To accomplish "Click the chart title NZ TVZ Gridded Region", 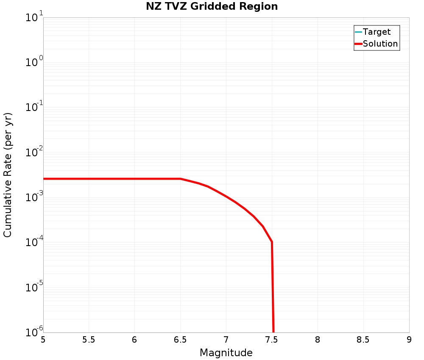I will pos(212,7).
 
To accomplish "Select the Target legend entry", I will pos(377,32).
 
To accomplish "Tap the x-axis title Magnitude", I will pos(226,352).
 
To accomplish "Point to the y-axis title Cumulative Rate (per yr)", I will pos(8,175).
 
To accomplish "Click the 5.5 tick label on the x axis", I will pos(89,340).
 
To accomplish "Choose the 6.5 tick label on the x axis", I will pos(180,340).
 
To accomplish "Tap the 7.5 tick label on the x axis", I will pos(272,340).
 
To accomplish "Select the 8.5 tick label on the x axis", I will pos(363,340).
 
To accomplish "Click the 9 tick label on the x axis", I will pos(409,340).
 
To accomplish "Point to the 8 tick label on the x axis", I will pos(318,340).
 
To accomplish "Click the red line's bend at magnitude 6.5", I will pos(181,179).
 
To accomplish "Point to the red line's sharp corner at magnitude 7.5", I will pos(272,242).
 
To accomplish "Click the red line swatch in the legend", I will pos(358,44).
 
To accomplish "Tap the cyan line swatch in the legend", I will pos(358,32).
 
